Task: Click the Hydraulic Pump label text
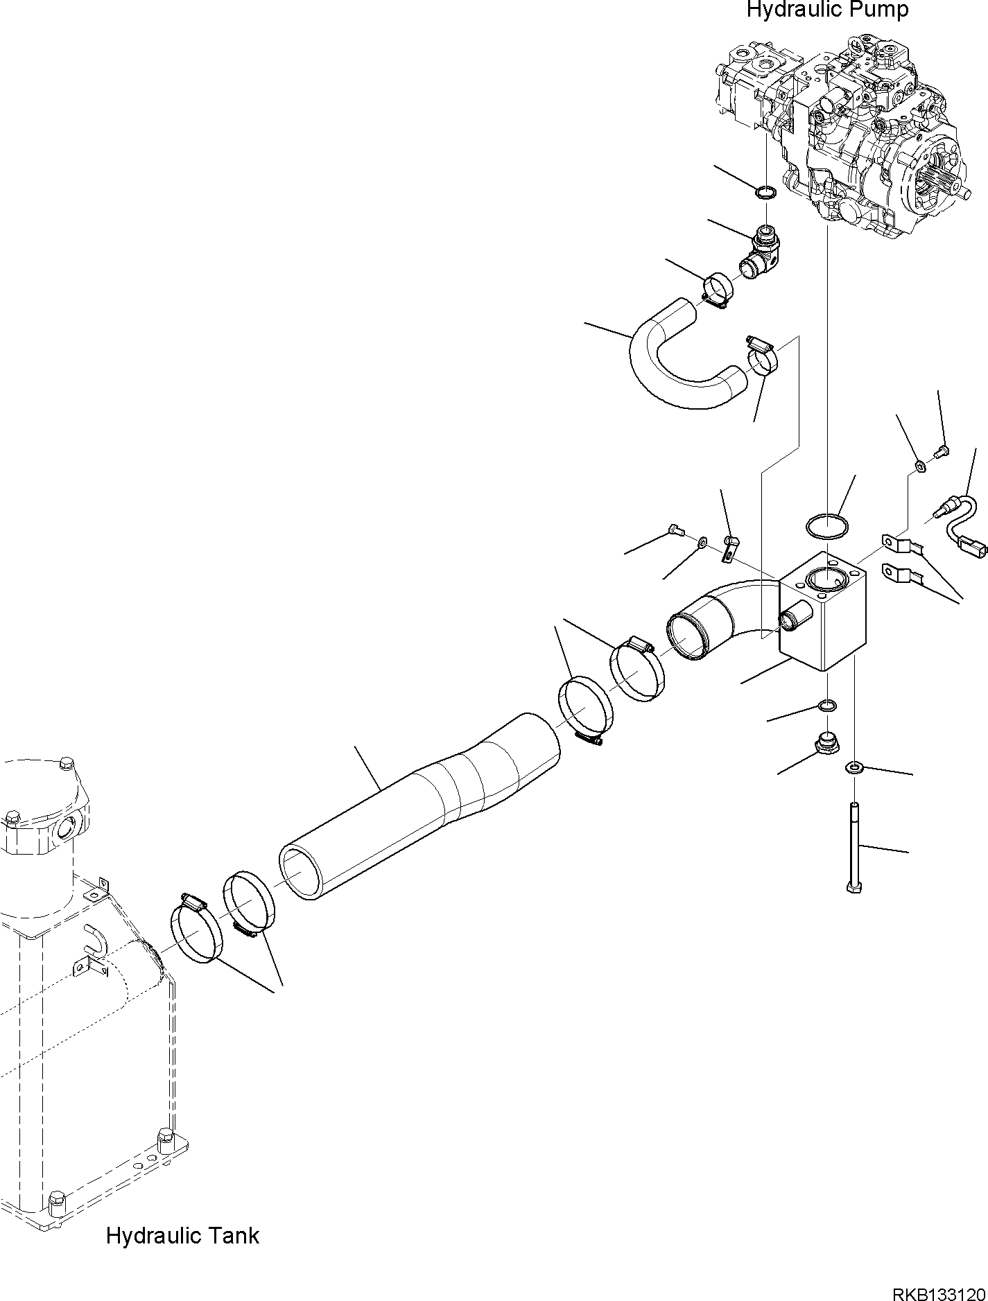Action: coord(827,10)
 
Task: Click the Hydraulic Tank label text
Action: coord(182,1236)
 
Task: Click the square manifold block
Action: coord(823,613)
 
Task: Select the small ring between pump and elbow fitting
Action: coord(765,192)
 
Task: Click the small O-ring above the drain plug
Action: coord(827,706)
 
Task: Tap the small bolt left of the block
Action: coord(676,531)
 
